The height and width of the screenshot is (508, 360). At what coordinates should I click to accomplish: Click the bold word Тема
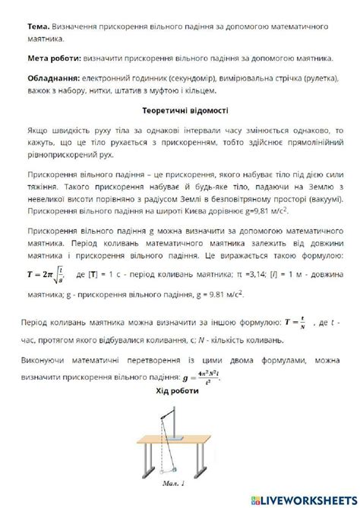(40, 26)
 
